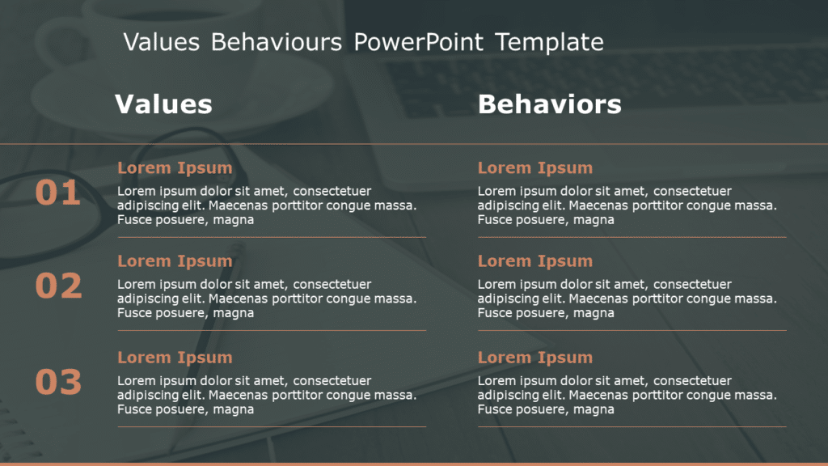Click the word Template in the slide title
[549, 42]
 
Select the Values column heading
[163, 104]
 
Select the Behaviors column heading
[549, 104]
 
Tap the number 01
[58, 193]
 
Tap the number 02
[58, 286]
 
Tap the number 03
[58, 382]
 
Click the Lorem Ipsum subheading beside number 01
[175, 168]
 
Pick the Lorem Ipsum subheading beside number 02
[175, 261]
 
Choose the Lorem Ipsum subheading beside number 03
[175, 358]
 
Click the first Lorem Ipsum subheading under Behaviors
[534, 168]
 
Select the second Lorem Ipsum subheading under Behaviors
[534, 261]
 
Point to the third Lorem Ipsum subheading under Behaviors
[534, 358]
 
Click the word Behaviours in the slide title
[276, 42]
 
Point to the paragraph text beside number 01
[267, 205]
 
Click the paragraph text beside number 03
[267, 395]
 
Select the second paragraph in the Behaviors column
[627, 299]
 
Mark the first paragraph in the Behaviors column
[627, 205]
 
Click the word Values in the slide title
[161, 42]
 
